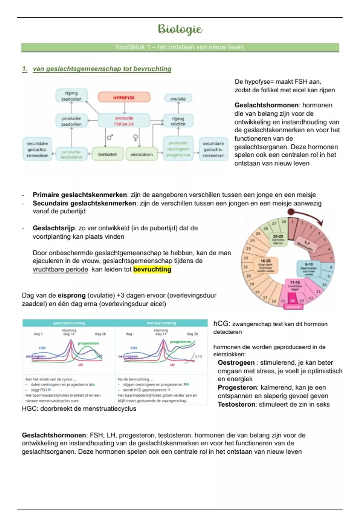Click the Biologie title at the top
(x=180, y=29)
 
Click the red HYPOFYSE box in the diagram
(x=124, y=97)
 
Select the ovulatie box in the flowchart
(x=178, y=99)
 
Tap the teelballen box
(x=107, y=154)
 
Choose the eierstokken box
(x=142, y=154)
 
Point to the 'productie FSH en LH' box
(x=124, y=121)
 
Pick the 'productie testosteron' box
(x=71, y=154)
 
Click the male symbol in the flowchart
(x=110, y=137)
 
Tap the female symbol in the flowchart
(x=136, y=137)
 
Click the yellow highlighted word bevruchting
(x=152, y=269)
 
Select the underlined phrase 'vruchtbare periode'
(x=60, y=269)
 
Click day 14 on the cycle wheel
(x=292, y=301)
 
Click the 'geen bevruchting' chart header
(x=69, y=323)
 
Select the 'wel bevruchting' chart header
(x=161, y=323)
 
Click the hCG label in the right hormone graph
(x=199, y=356)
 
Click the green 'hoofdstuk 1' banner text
(x=180, y=47)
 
